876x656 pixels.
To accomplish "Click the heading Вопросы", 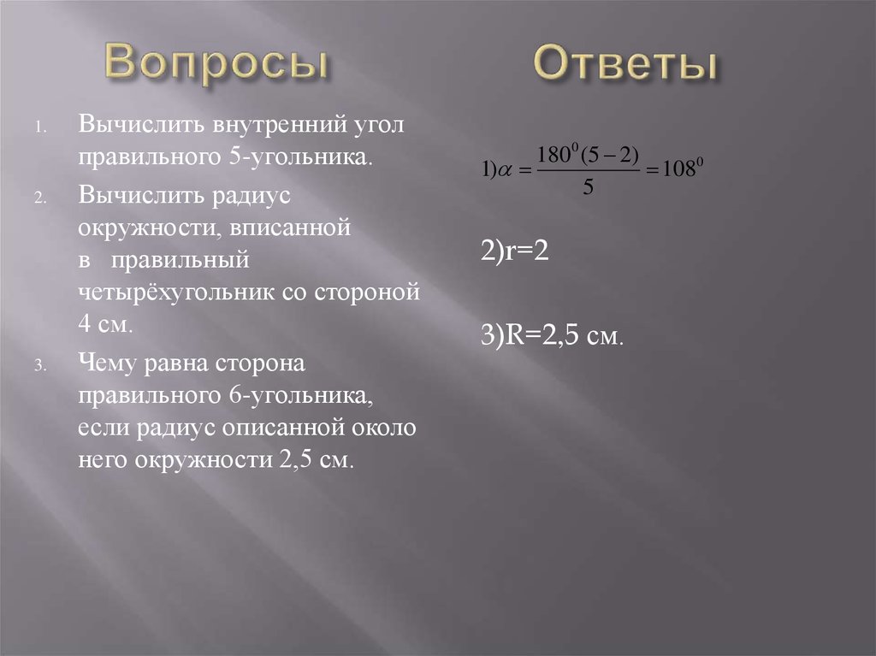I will pyautogui.click(x=217, y=66).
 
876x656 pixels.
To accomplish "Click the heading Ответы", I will pyautogui.click(x=625, y=66).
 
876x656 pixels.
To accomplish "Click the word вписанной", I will pyautogui.click(x=296, y=228).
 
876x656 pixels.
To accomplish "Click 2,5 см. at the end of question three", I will pyautogui.click(x=317, y=459).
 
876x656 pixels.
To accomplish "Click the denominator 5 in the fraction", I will pyautogui.click(x=588, y=190).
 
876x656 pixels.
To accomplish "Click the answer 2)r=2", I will pyautogui.click(x=513, y=254).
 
